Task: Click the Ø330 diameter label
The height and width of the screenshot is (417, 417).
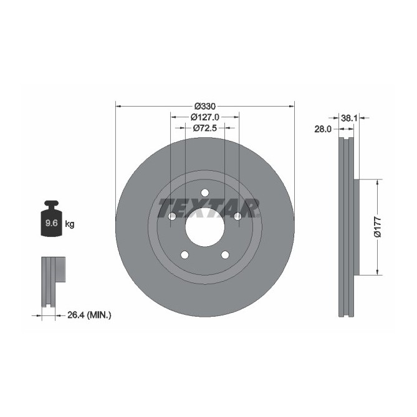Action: [x=204, y=105]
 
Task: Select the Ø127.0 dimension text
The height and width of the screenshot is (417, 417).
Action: [x=204, y=117]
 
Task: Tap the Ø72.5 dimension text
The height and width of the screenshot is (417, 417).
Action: [x=204, y=128]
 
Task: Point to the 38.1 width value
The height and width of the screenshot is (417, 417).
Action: [x=348, y=117]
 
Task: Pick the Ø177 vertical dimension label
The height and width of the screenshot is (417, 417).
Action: [x=376, y=228]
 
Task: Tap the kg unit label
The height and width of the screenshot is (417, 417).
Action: [x=70, y=224]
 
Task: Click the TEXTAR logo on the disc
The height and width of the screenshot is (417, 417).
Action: [x=208, y=208]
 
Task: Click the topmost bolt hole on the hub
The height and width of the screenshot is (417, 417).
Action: [x=204, y=193]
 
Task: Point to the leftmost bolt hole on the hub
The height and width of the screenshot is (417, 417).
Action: [x=171, y=216]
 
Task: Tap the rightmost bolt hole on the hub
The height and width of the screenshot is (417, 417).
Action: [x=237, y=216]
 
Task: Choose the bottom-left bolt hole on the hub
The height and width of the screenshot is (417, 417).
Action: [x=185, y=254]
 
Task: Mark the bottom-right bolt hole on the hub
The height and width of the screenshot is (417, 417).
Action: [x=225, y=254]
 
